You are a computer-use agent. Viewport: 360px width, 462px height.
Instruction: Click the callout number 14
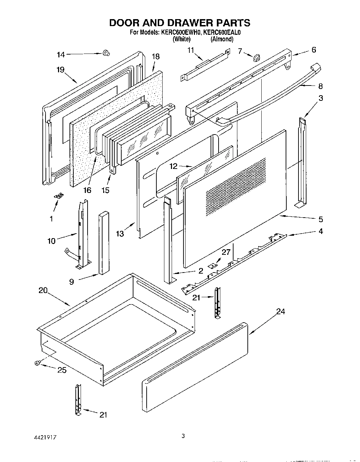pyautogui.click(x=61, y=55)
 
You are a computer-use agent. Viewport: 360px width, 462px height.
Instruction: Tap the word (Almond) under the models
pyautogui.click(x=222, y=39)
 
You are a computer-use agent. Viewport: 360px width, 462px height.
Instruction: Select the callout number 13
pyautogui.click(x=120, y=234)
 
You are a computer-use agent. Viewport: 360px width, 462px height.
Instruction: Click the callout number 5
pyautogui.click(x=320, y=219)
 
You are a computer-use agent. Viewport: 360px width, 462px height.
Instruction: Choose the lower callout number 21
pyautogui.click(x=103, y=415)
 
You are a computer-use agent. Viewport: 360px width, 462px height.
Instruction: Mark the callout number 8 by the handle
pyautogui.click(x=320, y=86)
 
